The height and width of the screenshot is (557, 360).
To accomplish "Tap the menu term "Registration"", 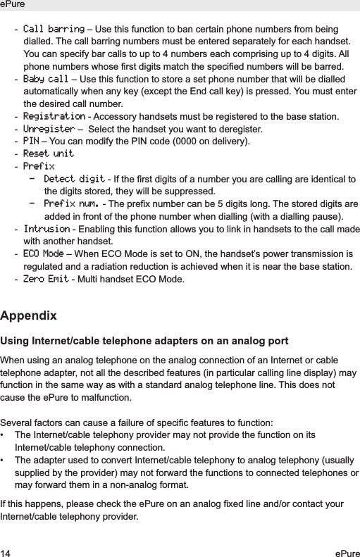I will [54, 115].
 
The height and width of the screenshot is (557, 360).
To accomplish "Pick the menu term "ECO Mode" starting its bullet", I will [43, 254].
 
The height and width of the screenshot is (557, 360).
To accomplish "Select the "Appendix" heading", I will [29, 314].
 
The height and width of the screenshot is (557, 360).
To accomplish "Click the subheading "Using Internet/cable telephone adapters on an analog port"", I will [144, 342].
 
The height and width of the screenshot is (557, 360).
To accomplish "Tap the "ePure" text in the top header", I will [13, 5].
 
